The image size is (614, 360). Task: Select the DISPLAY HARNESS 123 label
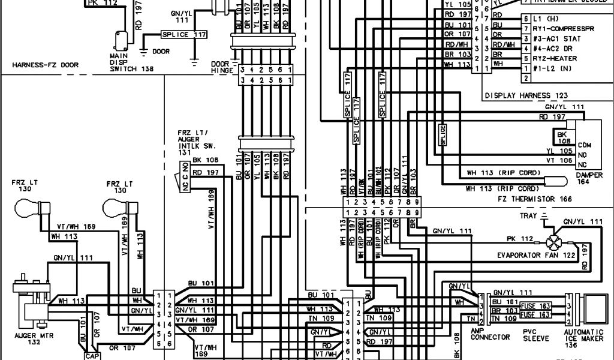pos(526,95)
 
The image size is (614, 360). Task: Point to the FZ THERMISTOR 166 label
pos(531,197)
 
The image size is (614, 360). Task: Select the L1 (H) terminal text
pos(543,20)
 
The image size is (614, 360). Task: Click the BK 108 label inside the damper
pos(562,137)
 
